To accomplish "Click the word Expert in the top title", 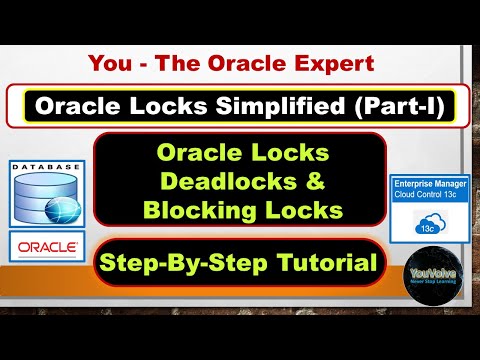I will (333, 64).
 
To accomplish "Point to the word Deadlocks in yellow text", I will (223, 182).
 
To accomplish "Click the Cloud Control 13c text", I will (429, 199).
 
